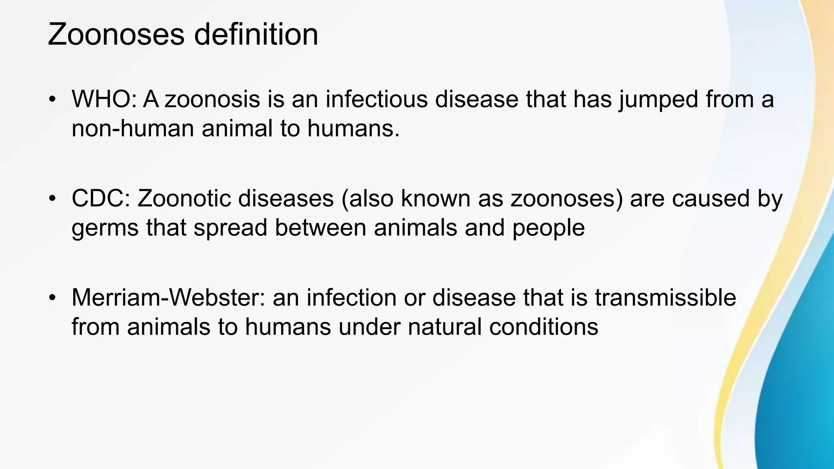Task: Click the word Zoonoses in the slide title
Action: tap(116, 35)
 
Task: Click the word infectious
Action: tap(376, 99)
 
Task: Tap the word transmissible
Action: tap(665, 298)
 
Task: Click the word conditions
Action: tap(544, 327)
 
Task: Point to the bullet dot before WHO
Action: tap(51, 100)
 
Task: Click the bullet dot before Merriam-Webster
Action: tap(51, 298)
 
